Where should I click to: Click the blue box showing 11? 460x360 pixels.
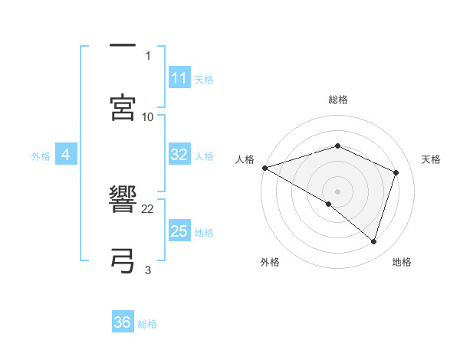pyautogui.click(x=179, y=78)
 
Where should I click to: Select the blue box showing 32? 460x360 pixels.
pyautogui.click(x=179, y=155)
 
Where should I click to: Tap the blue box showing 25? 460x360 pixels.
pyautogui.click(x=179, y=231)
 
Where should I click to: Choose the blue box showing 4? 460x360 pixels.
pyautogui.click(x=65, y=155)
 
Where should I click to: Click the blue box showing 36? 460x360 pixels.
pyautogui.click(x=122, y=322)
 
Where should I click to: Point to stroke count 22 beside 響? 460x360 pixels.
pyautogui.click(x=148, y=208)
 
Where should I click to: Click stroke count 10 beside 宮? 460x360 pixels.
pyautogui.click(x=148, y=116)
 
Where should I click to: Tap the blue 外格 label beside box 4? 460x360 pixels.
pyautogui.click(x=41, y=155)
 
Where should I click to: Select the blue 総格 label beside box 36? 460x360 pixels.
pyautogui.click(x=147, y=323)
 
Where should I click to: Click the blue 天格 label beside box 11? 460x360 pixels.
pyautogui.click(x=204, y=79)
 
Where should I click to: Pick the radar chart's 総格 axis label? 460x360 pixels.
pyautogui.click(x=337, y=100)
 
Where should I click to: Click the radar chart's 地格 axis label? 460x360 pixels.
pyautogui.click(x=402, y=262)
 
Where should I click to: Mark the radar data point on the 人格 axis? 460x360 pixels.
pyautogui.click(x=264, y=167)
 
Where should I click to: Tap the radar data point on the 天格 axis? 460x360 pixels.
pyautogui.click(x=396, y=172)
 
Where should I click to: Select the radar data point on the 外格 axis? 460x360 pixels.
pyautogui.click(x=329, y=204)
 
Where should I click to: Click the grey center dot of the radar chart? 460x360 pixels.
pyautogui.click(x=337, y=191)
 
